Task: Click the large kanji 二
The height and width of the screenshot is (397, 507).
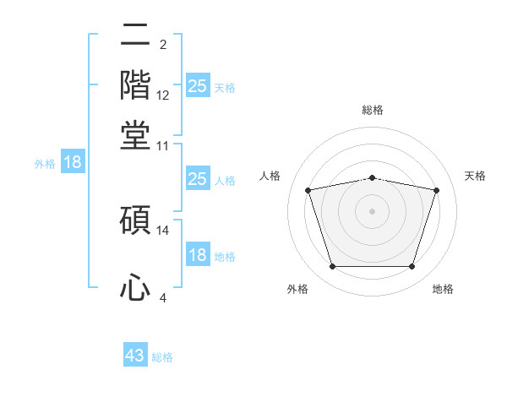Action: [x=135, y=35]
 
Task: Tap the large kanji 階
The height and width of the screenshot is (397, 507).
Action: [x=135, y=85]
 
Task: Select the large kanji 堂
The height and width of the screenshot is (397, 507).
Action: [x=135, y=135]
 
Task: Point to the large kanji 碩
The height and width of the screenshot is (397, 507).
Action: [x=135, y=220]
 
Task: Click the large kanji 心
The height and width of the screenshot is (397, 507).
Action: [x=135, y=286]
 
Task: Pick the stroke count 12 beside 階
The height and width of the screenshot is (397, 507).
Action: [x=162, y=95]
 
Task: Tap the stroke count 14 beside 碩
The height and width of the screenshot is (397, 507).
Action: [x=162, y=231]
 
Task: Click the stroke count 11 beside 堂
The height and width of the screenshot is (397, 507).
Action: [x=162, y=146]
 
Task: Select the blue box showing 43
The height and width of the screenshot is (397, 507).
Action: [x=135, y=354]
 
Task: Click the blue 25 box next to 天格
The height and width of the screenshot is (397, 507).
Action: [x=198, y=85]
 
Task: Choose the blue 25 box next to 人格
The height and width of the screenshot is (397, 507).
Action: [x=198, y=178]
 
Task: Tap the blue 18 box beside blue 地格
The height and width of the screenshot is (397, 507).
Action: [x=198, y=253]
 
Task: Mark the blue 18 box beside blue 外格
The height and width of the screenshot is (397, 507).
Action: [x=73, y=161]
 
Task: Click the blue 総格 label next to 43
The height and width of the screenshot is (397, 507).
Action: [x=162, y=357]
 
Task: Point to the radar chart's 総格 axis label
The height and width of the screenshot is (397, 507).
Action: [x=373, y=110]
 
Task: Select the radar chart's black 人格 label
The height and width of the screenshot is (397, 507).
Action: [x=270, y=176]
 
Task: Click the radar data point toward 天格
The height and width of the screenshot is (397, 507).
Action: [x=436, y=190]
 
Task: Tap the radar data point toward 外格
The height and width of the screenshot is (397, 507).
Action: [x=333, y=266]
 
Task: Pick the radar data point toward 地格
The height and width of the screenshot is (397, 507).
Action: [x=412, y=266]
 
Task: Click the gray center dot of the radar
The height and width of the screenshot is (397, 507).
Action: [x=372, y=211]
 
